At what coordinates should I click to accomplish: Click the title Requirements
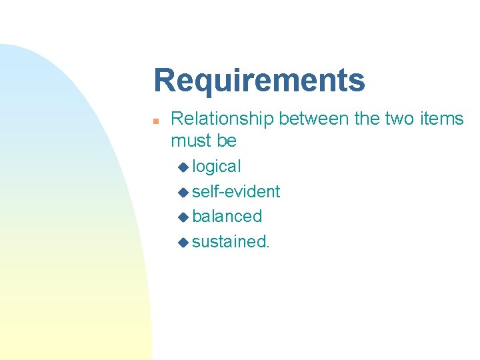[x=259, y=81]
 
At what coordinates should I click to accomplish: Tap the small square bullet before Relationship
[x=155, y=121]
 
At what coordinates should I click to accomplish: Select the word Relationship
[x=222, y=119]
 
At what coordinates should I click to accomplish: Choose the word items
[x=442, y=119]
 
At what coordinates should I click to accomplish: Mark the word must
[x=191, y=141]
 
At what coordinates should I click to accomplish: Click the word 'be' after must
[x=227, y=141]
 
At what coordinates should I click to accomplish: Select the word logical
[x=217, y=167]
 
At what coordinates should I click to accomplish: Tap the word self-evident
[x=236, y=191]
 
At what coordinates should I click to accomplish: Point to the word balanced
[x=227, y=216]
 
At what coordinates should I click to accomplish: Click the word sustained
[x=229, y=241]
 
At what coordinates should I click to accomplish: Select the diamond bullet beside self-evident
[x=184, y=192]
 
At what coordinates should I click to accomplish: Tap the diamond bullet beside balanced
[x=184, y=217]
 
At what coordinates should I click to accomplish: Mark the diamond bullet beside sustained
[x=184, y=242]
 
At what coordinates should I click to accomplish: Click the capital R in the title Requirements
[x=164, y=81]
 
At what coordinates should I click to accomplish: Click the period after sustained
[x=268, y=246]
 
